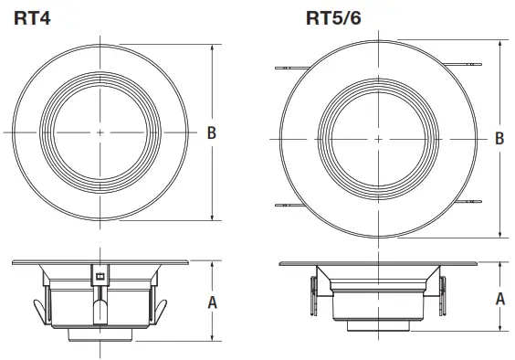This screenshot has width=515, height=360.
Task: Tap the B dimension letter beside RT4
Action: pyautogui.click(x=212, y=133)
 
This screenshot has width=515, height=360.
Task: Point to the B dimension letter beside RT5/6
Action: pyautogui.click(x=499, y=139)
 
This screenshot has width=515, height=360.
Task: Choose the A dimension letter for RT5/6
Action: pyautogui.click(x=500, y=298)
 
